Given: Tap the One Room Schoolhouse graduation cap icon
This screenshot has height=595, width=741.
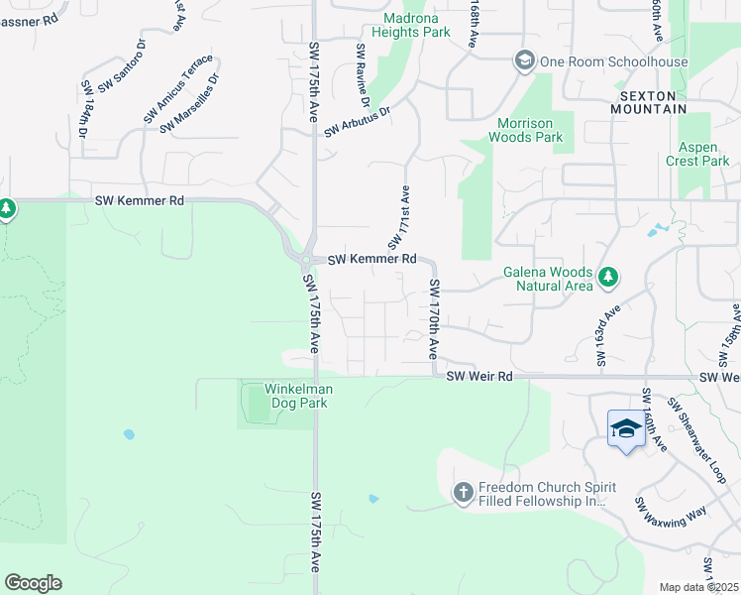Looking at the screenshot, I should pos(523,61).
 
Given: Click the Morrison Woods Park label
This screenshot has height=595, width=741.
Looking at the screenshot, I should pos(529,130).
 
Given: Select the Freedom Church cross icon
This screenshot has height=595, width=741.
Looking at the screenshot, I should pos(463,492).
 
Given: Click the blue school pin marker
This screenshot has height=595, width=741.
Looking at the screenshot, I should pos(626,429).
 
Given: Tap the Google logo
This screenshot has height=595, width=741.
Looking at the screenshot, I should pos(33,583).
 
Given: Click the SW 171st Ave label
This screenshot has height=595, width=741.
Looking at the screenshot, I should pos(398,217).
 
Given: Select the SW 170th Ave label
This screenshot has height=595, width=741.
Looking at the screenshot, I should pos(434,319).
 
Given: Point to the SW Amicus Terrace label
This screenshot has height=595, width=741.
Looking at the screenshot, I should pos(177,89).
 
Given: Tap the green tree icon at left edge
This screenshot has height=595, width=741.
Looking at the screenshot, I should pos(7,209).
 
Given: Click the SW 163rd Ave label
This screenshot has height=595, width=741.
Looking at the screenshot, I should pos(605,335).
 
